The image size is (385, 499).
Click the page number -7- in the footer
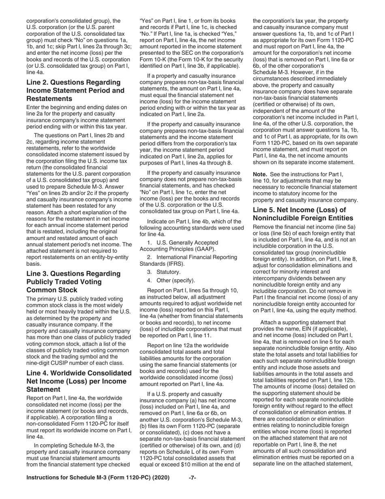192,477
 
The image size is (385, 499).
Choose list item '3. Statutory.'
164,272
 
